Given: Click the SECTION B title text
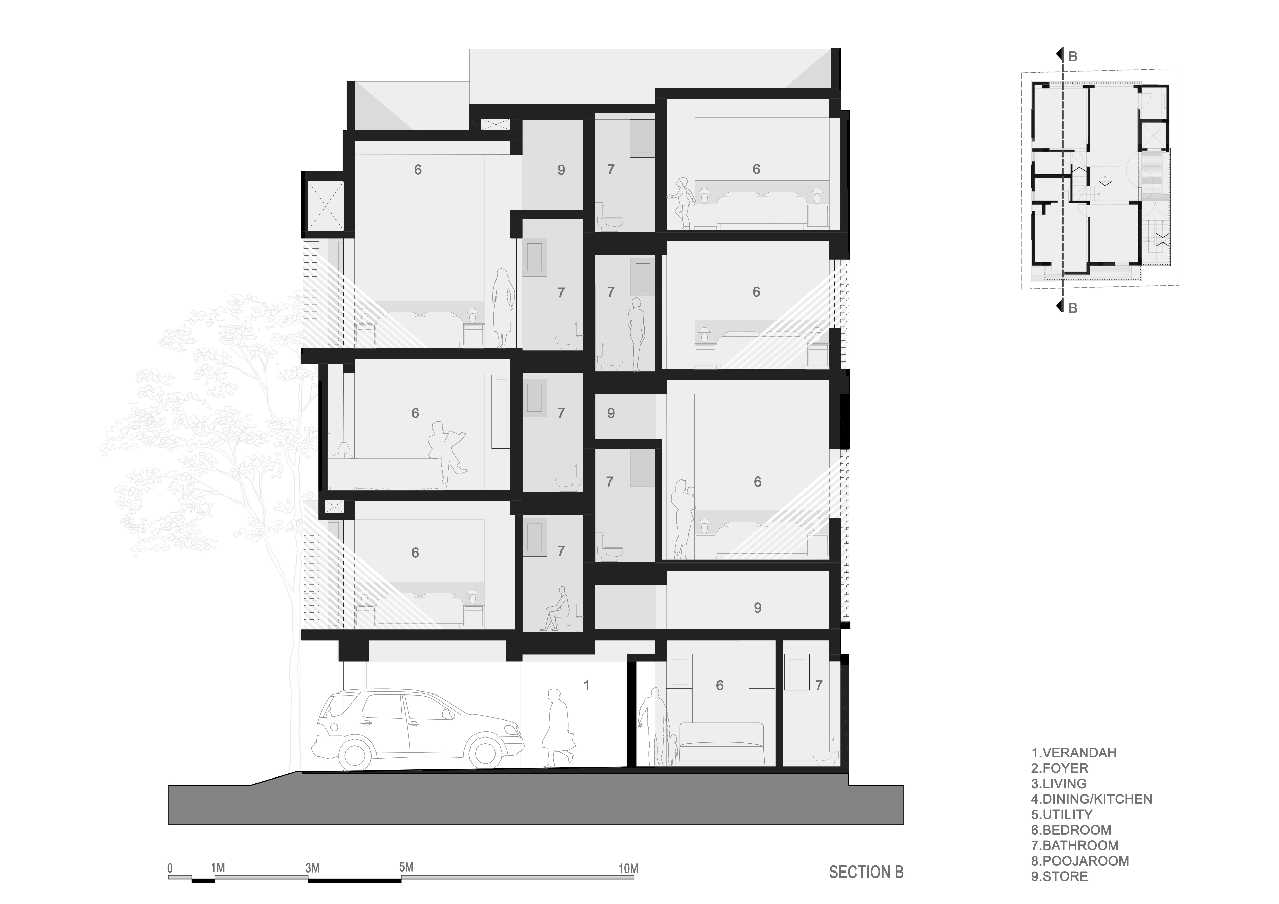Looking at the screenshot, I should (x=866, y=872).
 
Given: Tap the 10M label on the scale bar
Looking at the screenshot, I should (x=628, y=868).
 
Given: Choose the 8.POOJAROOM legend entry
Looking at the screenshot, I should (x=1079, y=861).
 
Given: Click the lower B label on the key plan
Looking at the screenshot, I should (x=1072, y=308).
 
